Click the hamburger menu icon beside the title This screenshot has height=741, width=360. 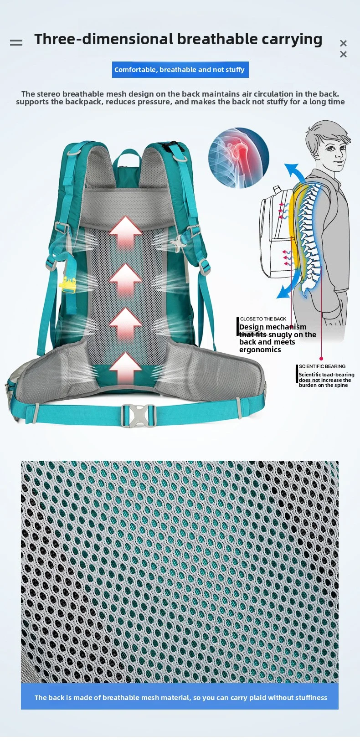(16, 43)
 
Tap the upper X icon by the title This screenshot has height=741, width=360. (343, 43)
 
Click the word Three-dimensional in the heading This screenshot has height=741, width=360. (103, 39)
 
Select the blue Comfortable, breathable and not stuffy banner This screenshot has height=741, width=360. (180, 70)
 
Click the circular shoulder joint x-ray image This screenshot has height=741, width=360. (238, 158)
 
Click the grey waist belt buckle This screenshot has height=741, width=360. (139, 415)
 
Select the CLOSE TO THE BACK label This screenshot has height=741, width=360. (263, 319)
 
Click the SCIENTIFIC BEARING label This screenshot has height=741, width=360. (322, 366)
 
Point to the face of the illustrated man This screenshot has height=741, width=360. (335, 151)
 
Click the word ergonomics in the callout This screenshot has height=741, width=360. (260, 350)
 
